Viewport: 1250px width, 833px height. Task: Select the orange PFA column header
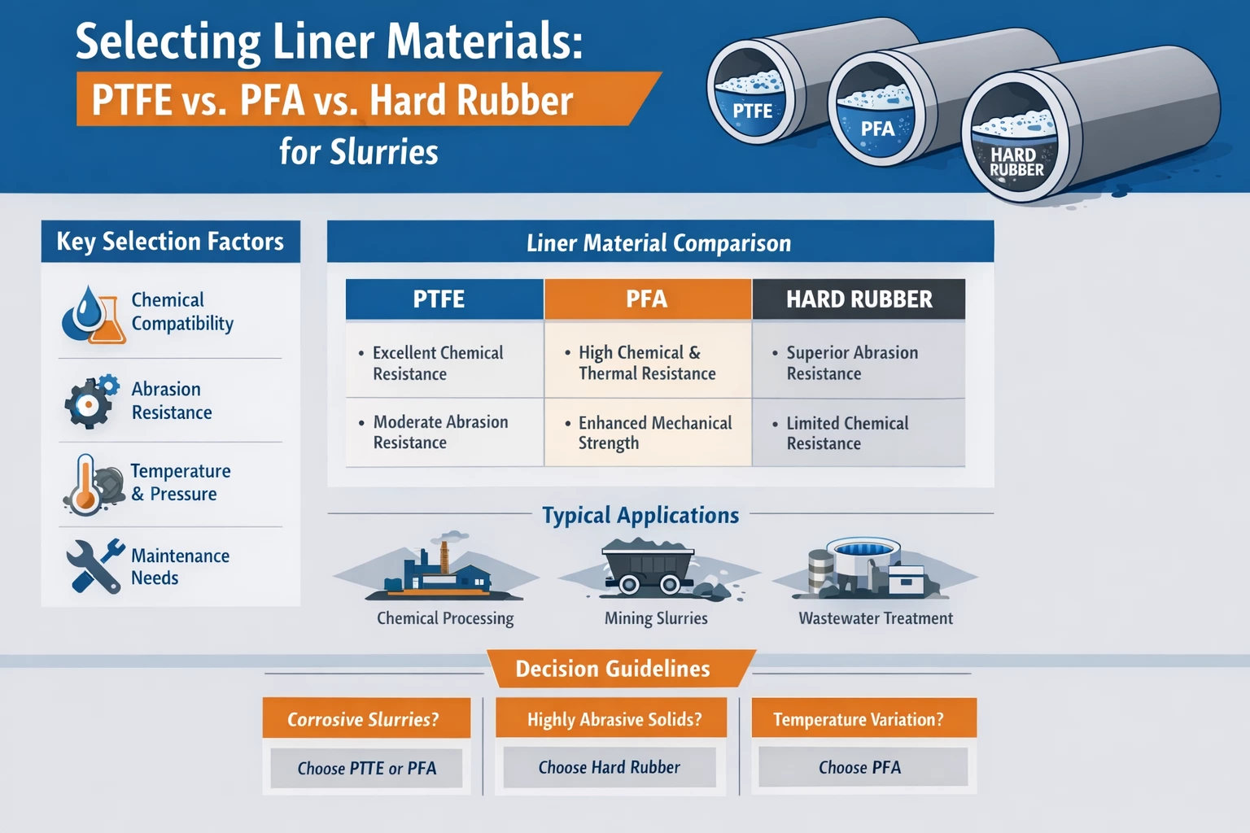click(x=647, y=299)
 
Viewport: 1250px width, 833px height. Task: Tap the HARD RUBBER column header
click(x=859, y=299)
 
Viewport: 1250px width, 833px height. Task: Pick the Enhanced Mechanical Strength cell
click(x=648, y=432)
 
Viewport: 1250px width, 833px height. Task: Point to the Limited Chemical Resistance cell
click(x=859, y=433)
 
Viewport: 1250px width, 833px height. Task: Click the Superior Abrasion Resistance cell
click(x=859, y=363)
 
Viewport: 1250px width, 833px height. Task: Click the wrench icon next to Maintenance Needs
click(x=93, y=565)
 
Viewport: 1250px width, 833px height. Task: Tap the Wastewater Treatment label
click(x=876, y=618)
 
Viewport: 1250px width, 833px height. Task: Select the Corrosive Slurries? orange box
click(x=366, y=718)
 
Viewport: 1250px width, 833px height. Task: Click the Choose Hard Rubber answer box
click(x=610, y=767)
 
